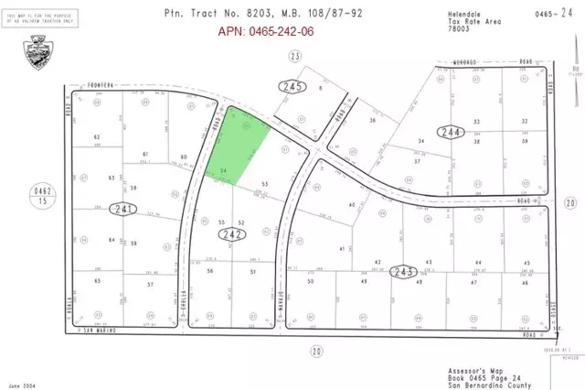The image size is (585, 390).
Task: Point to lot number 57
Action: coord(150,286)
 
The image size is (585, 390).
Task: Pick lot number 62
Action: coord(96,137)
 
